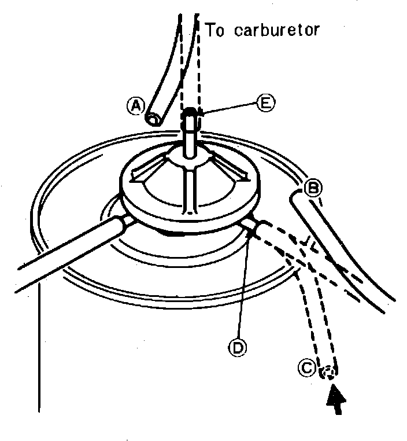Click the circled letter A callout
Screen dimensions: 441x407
tap(136, 106)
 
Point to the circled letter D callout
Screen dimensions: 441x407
tap(236, 347)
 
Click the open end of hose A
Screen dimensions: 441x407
tap(154, 120)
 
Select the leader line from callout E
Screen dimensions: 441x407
tap(229, 106)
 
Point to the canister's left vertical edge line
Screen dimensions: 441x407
tap(40, 347)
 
